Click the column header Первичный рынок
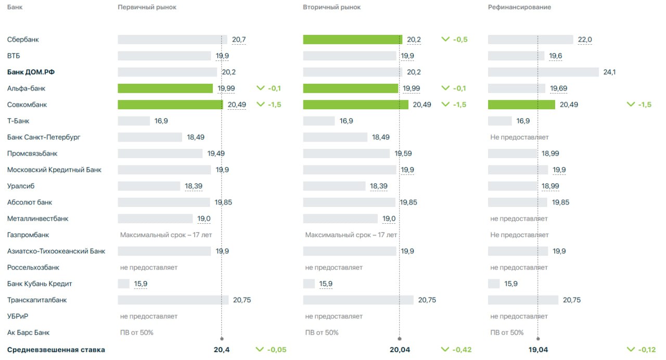point(147,7)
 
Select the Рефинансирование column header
point(519,7)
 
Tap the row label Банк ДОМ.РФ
point(30,72)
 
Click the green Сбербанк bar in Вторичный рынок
point(352,40)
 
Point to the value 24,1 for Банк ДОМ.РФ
point(609,72)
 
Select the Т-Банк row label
point(18,121)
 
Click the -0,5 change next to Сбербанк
point(459,40)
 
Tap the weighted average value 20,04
point(400,350)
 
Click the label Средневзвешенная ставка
point(56,350)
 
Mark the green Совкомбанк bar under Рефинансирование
point(521,105)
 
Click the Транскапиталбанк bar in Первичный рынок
point(173,300)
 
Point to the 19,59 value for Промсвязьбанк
point(403,153)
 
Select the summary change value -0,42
point(459,350)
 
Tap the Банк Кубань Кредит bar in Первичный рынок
point(123,284)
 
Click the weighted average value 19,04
point(539,350)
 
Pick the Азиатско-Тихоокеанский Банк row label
point(56,251)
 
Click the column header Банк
point(15,7)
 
